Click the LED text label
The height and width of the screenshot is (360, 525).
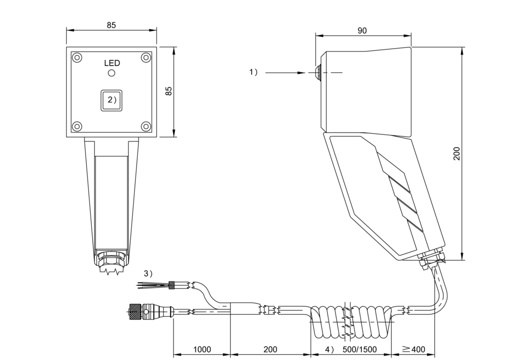click(112, 63)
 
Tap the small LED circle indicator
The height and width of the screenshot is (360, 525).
click(111, 73)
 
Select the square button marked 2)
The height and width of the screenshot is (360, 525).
click(111, 100)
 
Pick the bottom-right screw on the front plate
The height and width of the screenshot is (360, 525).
click(146, 126)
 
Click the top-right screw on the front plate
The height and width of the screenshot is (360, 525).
click(146, 58)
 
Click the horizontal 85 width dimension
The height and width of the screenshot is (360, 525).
click(111, 25)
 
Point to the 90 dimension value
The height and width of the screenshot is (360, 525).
click(362, 30)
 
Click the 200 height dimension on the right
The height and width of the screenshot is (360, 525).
click(457, 153)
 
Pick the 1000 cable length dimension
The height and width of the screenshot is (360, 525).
click(202, 349)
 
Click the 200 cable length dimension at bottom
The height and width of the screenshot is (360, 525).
click(270, 349)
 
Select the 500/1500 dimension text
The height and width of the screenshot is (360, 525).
click(360, 349)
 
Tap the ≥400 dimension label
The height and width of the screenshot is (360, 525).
click(414, 349)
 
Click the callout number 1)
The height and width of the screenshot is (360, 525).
click(253, 72)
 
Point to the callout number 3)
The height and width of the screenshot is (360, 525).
click(148, 273)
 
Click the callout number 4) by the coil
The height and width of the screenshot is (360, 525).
click(330, 349)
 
